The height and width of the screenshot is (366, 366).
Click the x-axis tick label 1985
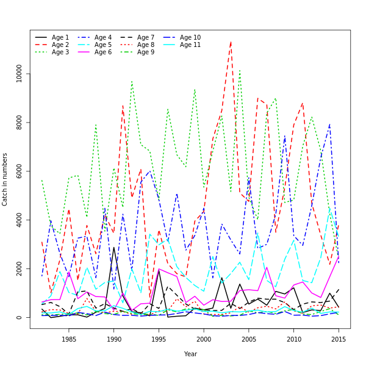(x=69, y=339)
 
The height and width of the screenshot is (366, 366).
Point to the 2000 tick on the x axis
(x=204, y=339)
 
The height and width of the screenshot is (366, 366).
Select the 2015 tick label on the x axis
(x=339, y=339)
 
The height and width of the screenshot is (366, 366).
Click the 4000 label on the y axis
(x=20, y=220)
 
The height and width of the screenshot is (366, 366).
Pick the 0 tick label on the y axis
(x=20, y=318)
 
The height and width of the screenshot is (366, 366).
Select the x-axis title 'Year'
(x=190, y=354)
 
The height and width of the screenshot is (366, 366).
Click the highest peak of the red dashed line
(x=231, y=41)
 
